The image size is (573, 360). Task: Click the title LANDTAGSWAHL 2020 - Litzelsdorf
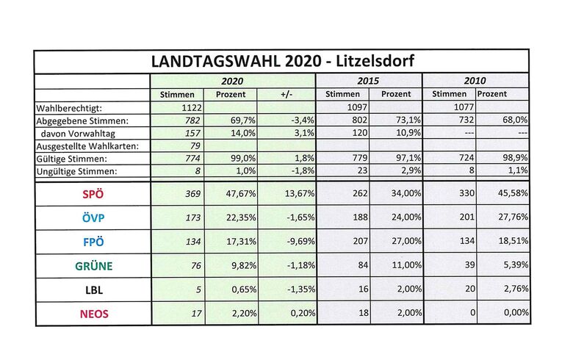coord(283,61)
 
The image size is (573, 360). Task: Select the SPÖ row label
coord(93,194)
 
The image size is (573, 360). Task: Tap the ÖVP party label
coord(93,217)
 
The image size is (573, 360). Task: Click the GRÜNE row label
coord(93,266)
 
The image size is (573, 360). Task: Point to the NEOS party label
coord(94,314)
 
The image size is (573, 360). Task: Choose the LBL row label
coord(94,290)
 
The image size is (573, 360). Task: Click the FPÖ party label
coord(93,242)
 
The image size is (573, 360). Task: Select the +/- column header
coord(286,94)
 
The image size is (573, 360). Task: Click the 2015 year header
coord(368,81)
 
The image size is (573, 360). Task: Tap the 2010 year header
coord(475,80)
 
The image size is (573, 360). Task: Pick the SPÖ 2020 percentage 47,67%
coord(241,193)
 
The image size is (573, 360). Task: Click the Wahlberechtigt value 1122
coord(192,108)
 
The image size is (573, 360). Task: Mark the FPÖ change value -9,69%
coord(300,241)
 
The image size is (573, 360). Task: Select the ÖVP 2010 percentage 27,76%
coord(513,217)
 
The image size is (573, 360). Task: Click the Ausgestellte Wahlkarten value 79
coord(195,145)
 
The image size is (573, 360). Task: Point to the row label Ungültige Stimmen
coord(76,171)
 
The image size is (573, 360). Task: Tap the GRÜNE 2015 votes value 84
coord(363,264)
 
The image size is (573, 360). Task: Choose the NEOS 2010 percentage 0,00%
coord(516,312)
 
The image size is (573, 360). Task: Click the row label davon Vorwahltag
coord(78,134)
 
